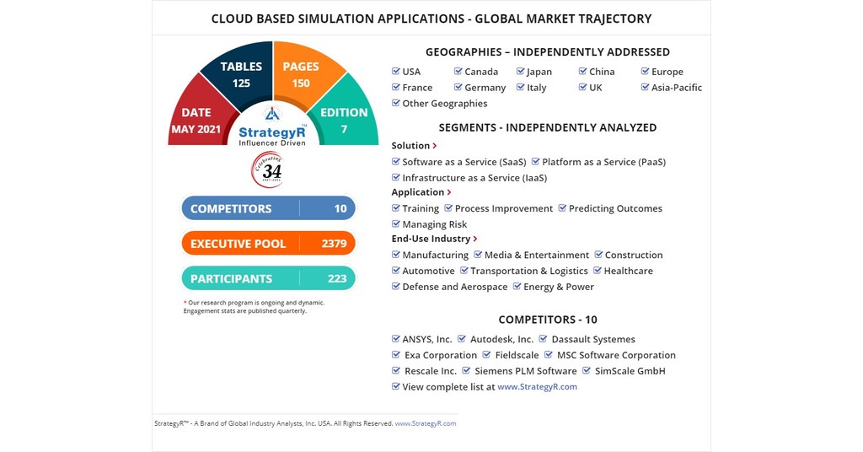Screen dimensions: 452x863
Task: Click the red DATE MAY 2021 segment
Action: click(x=196, y=120)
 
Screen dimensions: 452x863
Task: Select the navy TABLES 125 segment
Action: click(x=241, y=74)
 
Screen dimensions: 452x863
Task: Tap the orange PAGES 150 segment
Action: click(x=301, y=74)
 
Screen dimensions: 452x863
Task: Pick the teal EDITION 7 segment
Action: click(x=344, y=120)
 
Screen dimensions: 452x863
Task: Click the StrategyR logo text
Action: click(x=272, y=132)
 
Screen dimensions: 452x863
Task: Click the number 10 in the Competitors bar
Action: click(x=340, y=208)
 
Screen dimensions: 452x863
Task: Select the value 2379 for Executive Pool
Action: click(x=334, y=244)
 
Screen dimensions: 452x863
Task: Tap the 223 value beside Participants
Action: click(x=337, y=278)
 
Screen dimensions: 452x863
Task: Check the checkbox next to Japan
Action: click(x=521, y=72)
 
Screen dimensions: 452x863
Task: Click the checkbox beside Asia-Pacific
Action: click(x=645, y=87)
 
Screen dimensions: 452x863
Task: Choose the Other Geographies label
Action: click(x=444, y=104)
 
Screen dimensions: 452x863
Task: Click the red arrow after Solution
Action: click(x=435, y=146)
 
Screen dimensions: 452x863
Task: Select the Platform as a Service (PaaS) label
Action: click(x=603, y=162)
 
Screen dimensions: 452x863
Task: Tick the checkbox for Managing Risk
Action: click(x=396, y=224)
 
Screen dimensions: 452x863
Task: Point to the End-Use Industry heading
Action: click(x=431, y=239)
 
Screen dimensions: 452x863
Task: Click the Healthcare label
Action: click(x=628, y=271)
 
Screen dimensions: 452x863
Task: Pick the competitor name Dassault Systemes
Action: click(x=593, y=339)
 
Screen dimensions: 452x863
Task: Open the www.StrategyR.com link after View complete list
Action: click(x=537, y=387)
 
